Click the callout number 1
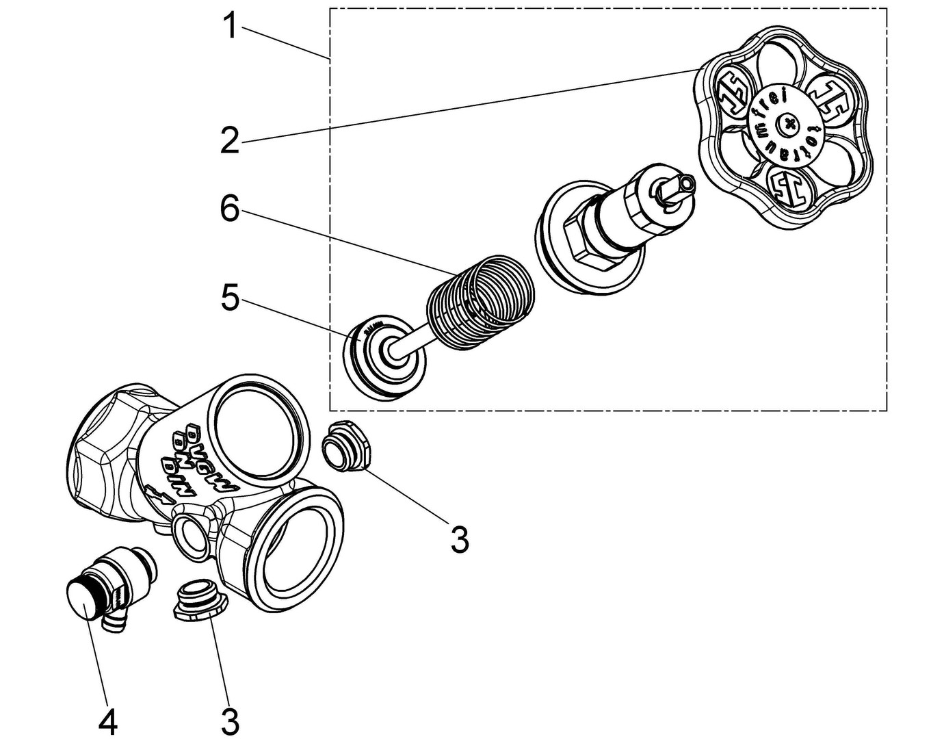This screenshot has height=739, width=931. click(231, 27)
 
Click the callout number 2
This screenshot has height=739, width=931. click(230, 141)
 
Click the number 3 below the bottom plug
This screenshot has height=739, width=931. click(230, 721)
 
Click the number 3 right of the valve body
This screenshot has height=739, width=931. click(459, 539)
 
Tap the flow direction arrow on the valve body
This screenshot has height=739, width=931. click(159, 493)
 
